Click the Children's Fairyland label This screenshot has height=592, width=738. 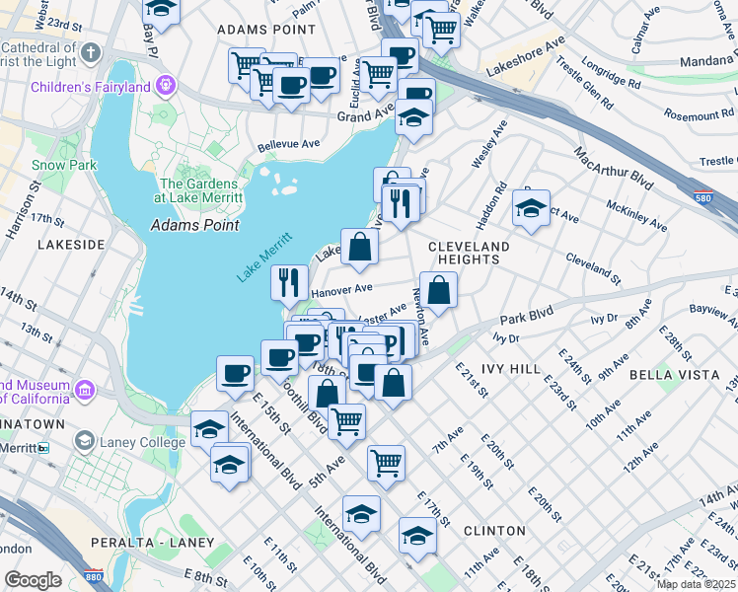click(x=90, y=87)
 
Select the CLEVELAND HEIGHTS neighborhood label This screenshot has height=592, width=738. click(x=469, y=253)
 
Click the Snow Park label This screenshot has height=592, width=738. click(x=64, y=165)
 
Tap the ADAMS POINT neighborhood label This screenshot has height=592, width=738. click(x=252, y=31)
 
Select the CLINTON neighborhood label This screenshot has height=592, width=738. click(x=494, y=530)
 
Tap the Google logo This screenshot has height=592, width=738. click(x=33, y=580)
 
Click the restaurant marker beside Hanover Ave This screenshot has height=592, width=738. click(x=290, y=281)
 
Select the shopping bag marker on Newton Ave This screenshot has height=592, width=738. click(x=439, y=289)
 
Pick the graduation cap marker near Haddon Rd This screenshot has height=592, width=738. click(x=531, y=207)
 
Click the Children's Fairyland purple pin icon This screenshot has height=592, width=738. click(x=165, y=86)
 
